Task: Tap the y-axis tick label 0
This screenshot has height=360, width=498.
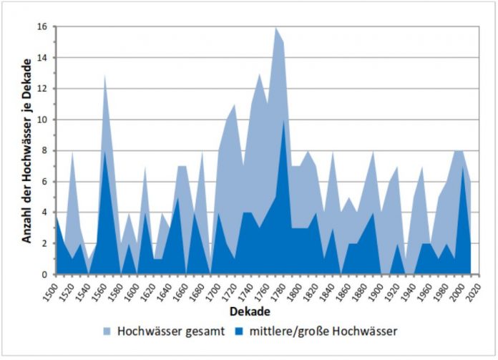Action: point(44,275)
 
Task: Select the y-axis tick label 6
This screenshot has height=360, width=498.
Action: point(44,182)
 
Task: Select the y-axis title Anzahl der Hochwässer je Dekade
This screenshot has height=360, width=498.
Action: point(26,150)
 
